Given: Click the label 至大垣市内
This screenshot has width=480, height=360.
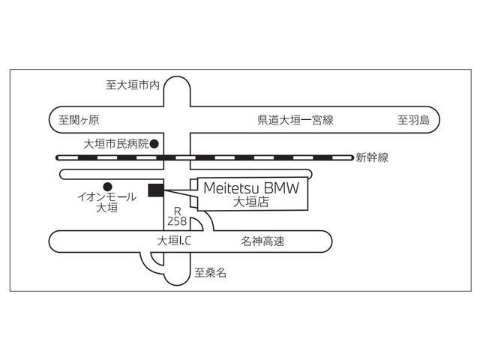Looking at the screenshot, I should [x=133, y=85].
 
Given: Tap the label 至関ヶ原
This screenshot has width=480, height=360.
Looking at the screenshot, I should [x=79, y=120].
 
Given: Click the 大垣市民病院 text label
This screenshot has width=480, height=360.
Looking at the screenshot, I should [x=116, y=142].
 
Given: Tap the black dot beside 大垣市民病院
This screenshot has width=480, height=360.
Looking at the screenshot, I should [x=154, y=142].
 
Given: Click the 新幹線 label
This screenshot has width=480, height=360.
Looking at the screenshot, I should [x=372, y=157].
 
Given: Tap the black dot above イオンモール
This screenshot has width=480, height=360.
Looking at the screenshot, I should [x=107, y=186].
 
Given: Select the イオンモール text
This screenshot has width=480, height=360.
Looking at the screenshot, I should [x=107, y=197].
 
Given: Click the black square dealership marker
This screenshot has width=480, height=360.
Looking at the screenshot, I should [x=156, y=190].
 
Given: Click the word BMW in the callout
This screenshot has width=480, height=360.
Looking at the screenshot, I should [x=282, y=189].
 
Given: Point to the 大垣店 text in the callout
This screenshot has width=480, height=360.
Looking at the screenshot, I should [x=250, y=202].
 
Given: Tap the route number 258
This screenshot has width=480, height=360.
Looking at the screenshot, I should [x=178, y=222].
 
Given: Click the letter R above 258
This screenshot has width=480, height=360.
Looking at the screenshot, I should [x=178, y=211].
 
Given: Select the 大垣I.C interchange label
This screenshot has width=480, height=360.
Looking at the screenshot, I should [x=175, y=241].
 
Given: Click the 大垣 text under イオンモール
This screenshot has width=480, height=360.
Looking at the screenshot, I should [x=107, y=208].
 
